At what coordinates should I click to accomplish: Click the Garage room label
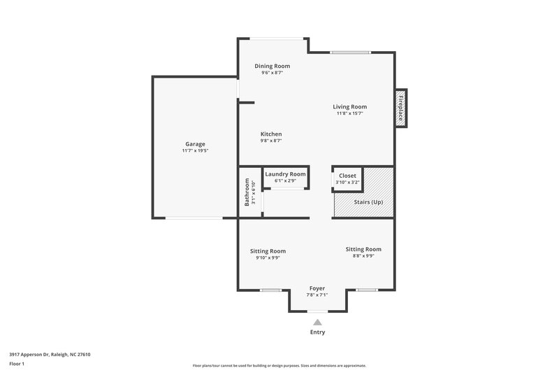[x=195, y=144]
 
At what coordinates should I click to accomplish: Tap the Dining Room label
[x=272, y=66]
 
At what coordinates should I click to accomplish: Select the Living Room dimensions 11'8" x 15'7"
[x=349, y=113]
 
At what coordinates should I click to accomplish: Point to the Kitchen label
[x=271, y=134]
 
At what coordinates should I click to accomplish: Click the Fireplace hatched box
[x=401, y=108]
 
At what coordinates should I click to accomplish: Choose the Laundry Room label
[x=285, y=174]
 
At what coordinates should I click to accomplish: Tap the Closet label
[x=347, y=176]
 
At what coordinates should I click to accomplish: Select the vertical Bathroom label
[x=247, y=192]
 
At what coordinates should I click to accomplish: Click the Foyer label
[x=317, y=288]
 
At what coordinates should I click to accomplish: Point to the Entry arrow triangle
[x=317, y=322]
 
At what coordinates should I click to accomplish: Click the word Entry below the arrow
[x=317, y=332]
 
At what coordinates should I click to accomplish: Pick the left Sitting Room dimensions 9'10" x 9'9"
[x=268, y=258]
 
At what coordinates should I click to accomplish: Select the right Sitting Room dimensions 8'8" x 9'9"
[x=363, y=256]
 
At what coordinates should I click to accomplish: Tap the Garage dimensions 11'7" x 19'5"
[x=195, y=151]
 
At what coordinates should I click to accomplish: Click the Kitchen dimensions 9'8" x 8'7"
[x=271, y=141]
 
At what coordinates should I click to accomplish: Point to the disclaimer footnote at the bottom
[x=279, y=365]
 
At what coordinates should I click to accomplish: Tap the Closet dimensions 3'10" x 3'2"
[x=347, y=183]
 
